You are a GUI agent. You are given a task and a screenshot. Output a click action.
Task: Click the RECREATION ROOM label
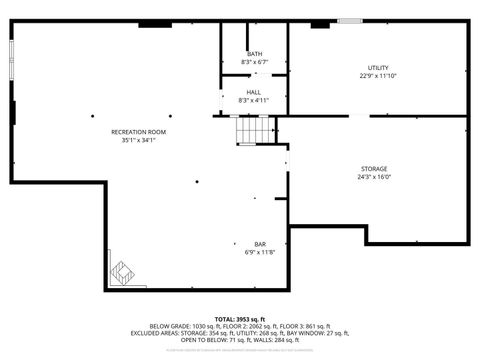point(138,132)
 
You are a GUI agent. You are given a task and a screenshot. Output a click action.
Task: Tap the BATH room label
point(255,54)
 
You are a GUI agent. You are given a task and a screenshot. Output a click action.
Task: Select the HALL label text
point(255,92)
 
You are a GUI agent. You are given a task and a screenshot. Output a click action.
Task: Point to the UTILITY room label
point(378,67)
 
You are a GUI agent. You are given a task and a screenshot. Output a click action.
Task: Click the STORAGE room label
point(374,169)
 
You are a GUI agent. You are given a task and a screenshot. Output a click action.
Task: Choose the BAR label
point(260,244)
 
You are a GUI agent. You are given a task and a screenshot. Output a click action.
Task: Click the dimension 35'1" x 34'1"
point(138,140)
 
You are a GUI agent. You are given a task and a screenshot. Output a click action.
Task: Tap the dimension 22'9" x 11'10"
point(378,75)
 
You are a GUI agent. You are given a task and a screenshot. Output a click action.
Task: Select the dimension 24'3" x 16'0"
point(374,177)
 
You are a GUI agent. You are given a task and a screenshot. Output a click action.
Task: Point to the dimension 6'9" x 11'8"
point(260,252)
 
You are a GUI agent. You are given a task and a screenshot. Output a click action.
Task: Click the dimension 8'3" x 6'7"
point(255,62)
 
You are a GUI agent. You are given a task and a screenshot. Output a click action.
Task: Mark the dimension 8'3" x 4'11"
point(255,100)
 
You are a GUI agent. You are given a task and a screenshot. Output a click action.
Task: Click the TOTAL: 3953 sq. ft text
point(240,318)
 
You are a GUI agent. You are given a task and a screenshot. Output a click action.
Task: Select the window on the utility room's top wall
point(349,20)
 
